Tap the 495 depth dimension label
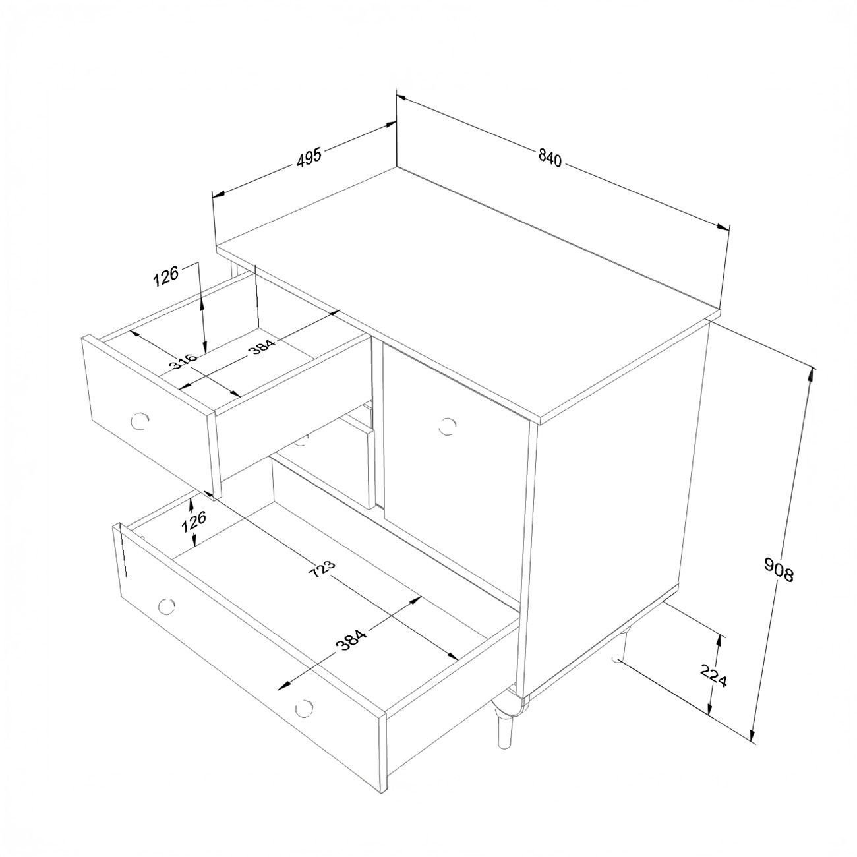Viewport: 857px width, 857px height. [x=309, y=157]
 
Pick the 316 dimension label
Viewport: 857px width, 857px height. [x=183, y=361]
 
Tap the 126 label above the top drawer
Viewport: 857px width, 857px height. [x=166, y=276]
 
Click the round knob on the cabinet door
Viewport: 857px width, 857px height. [x=446, y=426]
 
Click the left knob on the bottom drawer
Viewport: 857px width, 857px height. [x=166, y=606]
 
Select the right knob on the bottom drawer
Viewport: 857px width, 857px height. [x=304, y=707]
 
